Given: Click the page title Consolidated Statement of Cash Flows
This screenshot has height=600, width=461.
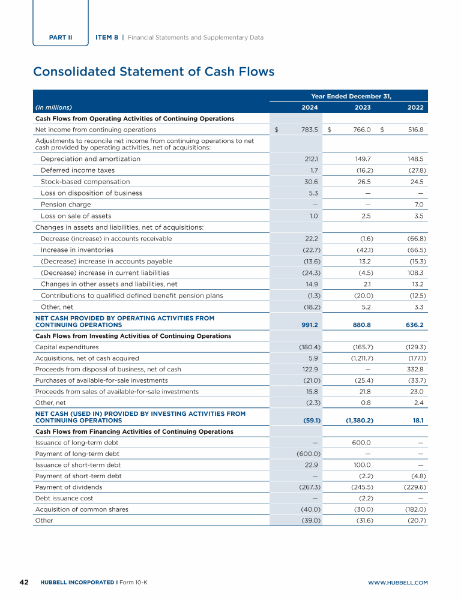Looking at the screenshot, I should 154,72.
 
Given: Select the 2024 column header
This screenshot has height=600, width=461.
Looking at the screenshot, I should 309,107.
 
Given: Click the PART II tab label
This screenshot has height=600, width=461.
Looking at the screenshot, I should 61,37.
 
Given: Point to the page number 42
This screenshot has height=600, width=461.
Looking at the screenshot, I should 25,582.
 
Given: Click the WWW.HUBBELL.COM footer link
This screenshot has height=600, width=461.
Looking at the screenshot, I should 397,583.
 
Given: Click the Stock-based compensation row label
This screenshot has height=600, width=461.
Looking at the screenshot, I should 85,182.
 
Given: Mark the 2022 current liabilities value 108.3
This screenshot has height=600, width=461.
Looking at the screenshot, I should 415,273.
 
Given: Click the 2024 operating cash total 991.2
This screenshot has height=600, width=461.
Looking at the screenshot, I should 307,325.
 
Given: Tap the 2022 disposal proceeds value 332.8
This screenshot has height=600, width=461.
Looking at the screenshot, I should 415,370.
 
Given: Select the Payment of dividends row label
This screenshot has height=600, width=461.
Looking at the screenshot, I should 69,487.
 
